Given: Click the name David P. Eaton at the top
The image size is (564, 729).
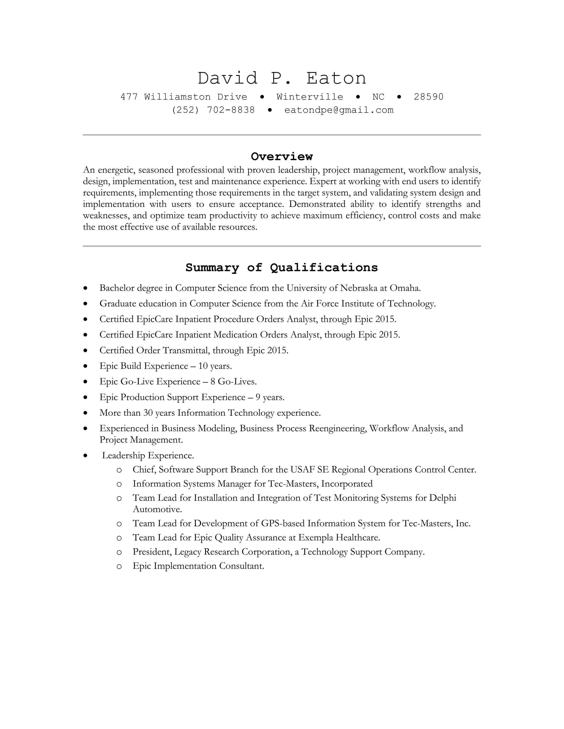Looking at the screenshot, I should click(x=282, y=78).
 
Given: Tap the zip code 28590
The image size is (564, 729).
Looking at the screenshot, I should click(x=428, y=97).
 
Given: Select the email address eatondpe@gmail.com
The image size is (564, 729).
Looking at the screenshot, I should click(x=339, y=110).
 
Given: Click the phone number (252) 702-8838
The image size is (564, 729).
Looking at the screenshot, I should click(x=213, y=110).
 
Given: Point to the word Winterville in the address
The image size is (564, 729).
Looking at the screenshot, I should click(x=310, y=97).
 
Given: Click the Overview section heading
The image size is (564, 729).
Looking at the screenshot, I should click(x=282, y=157).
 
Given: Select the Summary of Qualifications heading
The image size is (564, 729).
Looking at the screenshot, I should click(x=282, y=268).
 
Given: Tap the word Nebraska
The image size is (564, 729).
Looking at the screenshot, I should click(x=359, y=288).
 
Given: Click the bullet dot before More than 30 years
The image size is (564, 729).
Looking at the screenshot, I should click(x=86, y=413).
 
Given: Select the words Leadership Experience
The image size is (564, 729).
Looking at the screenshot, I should click(x=148, y=456).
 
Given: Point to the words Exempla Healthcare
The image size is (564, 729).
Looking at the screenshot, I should click(x=339, y=538).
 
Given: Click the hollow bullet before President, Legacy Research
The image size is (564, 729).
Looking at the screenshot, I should click(x=119, y=552).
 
